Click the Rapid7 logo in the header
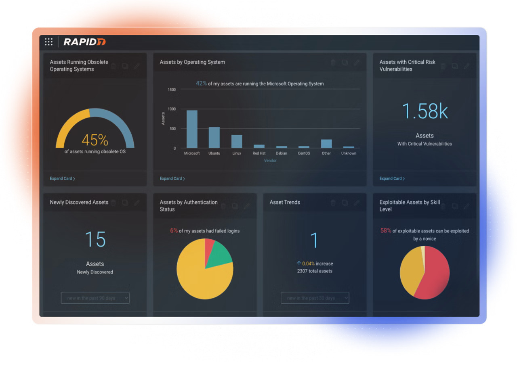(x=84, y=42)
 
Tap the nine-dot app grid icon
(x=49, y=42)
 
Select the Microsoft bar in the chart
(x=192, y=129)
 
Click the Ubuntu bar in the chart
(x=214, y=138)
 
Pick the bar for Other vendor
(x=326, y=144)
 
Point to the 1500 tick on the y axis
(x=172, y=90)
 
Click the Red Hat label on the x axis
(x=259, y=153)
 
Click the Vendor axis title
(x=270, y=161)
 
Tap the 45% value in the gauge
(x=95, y=140)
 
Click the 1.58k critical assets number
(x=425, y=111)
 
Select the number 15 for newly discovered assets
(x=95, y=239)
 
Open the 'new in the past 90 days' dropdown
(x=95, y=298)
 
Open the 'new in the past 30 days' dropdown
(x=315, y=298)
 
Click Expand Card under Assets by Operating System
(x=172, y=178)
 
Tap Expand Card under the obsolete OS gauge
(x=62, y=178)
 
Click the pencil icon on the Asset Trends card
(x=357, y=203)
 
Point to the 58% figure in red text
(x=385, y=231)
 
